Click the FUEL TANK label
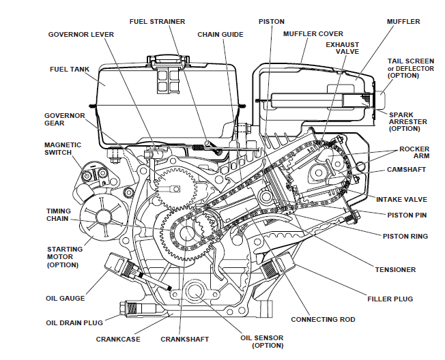coord(69,69)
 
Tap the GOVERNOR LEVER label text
coord(81,34)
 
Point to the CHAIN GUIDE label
coord(220,34)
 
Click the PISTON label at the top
coord(272,21)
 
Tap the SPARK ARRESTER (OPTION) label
coord(408,122)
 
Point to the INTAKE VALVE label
coord(401,199)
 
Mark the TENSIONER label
coord(395,269)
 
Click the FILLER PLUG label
coord(390,299)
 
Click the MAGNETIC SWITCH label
coord(63,149)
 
